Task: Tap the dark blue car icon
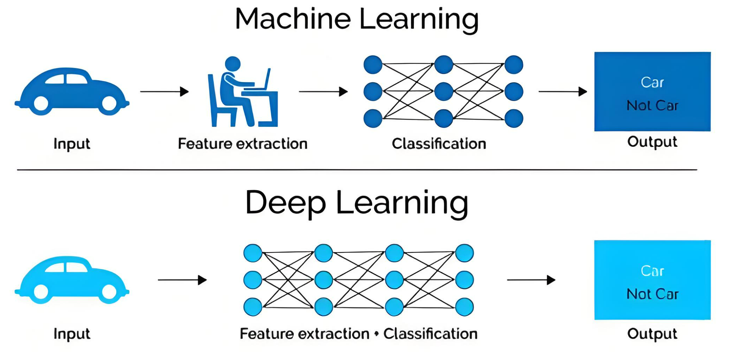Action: coord(72,91)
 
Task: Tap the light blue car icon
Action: coord(72,280)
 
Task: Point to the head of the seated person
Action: coord(233,64)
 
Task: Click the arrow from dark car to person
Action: coord(164,92)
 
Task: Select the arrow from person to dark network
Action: coord(323,92)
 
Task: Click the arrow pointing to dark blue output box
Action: coord(563,92)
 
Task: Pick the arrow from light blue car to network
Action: coord(182,280)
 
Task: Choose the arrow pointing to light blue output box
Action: coord(531,280)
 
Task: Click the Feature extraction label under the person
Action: coord(243,144)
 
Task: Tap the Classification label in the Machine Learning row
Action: coord(439,144)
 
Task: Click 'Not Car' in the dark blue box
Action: coord(652,105)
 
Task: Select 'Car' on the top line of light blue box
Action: coord(652,271)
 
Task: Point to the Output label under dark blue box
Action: coord(652,142)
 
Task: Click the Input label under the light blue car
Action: coord(72,333)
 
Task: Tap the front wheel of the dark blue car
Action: coord(109,103)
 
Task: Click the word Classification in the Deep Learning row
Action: coord(430,333)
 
